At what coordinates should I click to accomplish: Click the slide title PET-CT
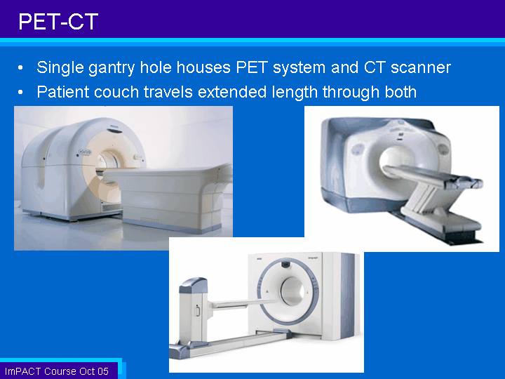pyautogui.click(x=58, y=22)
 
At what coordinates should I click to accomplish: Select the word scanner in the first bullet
pyautogui.click(x=421, y=67)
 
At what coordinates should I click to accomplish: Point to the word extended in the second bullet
pyautogui.click(x=232, y=92)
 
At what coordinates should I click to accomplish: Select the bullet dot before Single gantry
pyautogui.click(x=20, y=68)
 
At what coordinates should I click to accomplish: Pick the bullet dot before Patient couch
pyautogui.click(x=20, y=93)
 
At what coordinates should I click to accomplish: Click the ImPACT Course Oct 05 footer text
pyautogui.click(x=57, y=371)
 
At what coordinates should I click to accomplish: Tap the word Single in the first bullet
pyautogui.click(x=60, y=68)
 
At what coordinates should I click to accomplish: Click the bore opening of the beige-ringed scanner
pyautogui.click(x=109, y=162)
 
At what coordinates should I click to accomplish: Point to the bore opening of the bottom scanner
pyautogui.click(x=292, y=291)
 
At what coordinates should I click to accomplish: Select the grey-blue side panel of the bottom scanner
pyautogui.click(x=348, y=295)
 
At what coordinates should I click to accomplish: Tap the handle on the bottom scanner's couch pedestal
pyautogui.click(x=197, y=310)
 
